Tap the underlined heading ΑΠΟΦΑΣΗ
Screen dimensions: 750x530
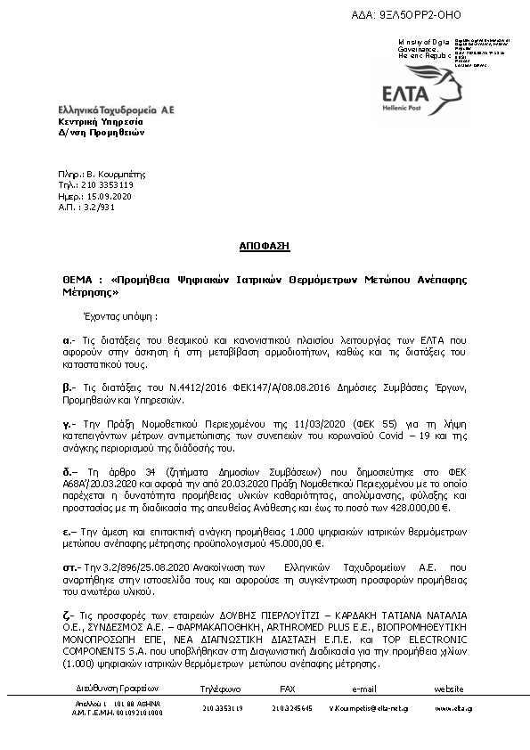pyautogui.click(x=265, y=246)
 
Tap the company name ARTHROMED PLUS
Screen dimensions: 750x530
pyautogui.click(x=287, y=627)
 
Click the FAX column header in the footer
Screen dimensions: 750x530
pyautogui.click(x=288, y=689)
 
